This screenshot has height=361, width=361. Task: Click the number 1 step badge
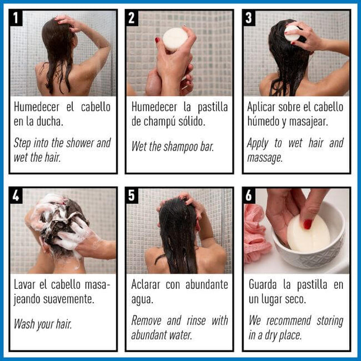pyautogui.click(x=17, y=18)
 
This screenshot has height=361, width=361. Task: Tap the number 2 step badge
pyautogui.click(x=133, y=18)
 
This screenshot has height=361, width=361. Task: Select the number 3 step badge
pyautogui.click(x=249, y=18)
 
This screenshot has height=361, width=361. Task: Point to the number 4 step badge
pyautogui.click(x=17, y=195)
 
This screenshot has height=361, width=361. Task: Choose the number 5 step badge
pyautogui.click(x=133, y=195)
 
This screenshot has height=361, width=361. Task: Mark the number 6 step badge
pyautogui.click(x=249, y=195)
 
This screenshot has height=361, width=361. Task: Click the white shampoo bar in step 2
pyautogui.click(x=175, y=40)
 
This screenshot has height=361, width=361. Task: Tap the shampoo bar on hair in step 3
pyautogui.click(x=292, y=32)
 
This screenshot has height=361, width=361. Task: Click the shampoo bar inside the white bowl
pyautogui.click(x=308, y=234)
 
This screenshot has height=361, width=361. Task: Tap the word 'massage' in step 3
pyautogui.click(x=265, y=158)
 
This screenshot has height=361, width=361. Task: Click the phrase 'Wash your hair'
pyautogui.click(x=43, y=324)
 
